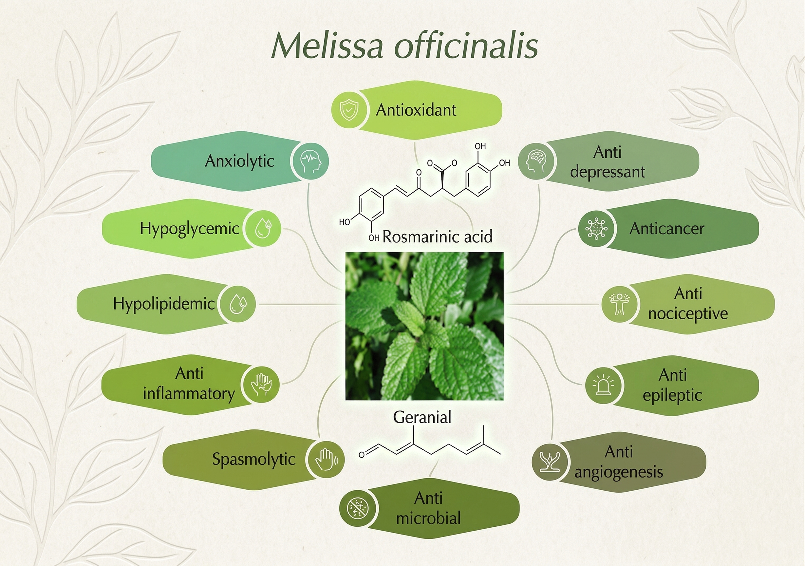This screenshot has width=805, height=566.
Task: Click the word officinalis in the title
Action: coord(467,46)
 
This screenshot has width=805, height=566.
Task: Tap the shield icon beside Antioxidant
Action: coord(349,109)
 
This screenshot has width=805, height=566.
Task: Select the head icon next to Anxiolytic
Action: coord(310,161)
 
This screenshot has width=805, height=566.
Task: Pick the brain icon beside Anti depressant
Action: coord(536,161)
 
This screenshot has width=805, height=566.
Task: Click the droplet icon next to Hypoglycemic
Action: coord(263,228)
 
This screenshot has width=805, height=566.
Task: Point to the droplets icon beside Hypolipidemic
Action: coord(237,304)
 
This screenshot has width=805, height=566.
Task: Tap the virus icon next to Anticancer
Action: coord(596,228)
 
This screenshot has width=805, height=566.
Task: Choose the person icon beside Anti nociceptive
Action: coord(620,304)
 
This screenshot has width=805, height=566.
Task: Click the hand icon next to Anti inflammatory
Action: coord(261,384)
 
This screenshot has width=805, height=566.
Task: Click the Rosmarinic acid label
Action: coord(437,237)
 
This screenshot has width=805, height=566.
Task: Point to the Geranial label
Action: coord(422,417)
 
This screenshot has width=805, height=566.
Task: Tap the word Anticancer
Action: coord(667,229)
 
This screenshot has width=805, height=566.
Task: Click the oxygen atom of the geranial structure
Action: coord(362,455)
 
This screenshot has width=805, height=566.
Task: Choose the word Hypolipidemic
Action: coord(164,304)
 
